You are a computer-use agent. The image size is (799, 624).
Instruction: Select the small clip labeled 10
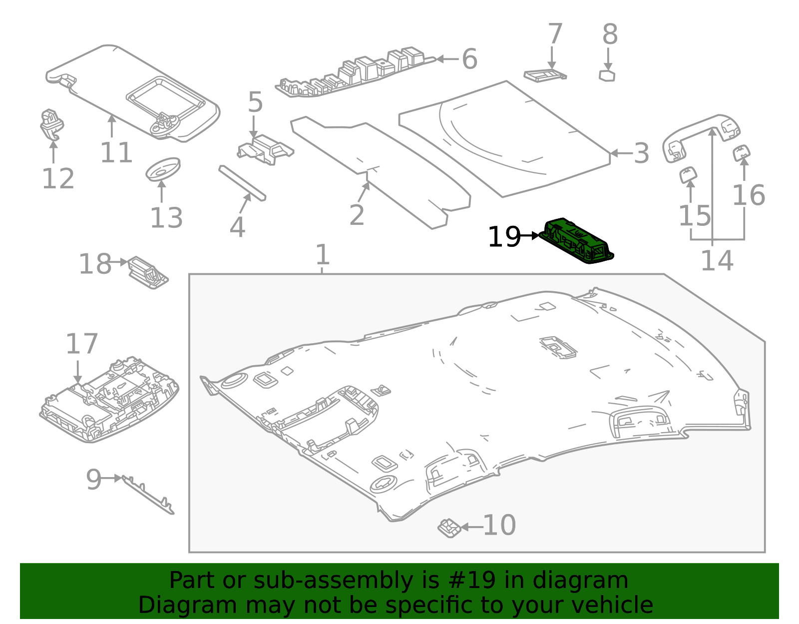[x=449, y=528]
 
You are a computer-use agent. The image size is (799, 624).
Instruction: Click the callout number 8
[x=610, y=34]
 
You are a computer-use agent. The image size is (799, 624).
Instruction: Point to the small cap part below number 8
[x=607, y=75]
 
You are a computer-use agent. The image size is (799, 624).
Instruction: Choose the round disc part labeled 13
[x=163, y=169]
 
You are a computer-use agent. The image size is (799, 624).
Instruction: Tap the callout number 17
[x=81, y=344]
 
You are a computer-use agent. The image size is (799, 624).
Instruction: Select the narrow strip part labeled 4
[x=242, y=183]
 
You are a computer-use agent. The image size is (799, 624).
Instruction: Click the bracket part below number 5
[x=265, y=149]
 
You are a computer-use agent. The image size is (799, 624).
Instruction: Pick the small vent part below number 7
[x=544, y=75]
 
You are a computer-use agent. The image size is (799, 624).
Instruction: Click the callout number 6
[x=469, y=59]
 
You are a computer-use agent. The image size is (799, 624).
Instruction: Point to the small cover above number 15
[x=688, y=175]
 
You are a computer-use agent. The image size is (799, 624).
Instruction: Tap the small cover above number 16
[x=742, y=152]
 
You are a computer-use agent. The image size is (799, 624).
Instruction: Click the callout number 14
[x=717, y=261]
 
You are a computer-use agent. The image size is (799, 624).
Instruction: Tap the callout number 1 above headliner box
[x=323, y=254]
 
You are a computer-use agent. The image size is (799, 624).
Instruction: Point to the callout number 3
[x=641, y=153]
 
